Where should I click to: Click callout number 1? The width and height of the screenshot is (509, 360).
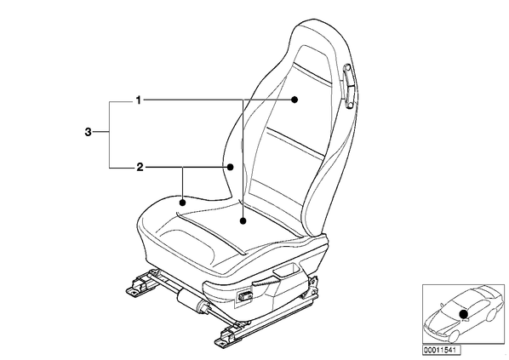click(x=139, y=100)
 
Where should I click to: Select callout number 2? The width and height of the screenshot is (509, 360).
click(x=140, y=168)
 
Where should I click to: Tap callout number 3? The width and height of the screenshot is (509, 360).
click(x=88, y=132)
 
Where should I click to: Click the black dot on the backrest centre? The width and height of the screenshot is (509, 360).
click(x=295, y=100)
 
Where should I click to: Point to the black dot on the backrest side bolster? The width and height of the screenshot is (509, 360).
click(x=230, y=167)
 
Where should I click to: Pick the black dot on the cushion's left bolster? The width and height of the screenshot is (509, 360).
click(x=183, y=203)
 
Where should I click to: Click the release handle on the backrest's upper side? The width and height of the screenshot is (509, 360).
click(x=348, y=86)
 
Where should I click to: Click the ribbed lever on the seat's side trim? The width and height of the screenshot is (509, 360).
click(x=265, y=282)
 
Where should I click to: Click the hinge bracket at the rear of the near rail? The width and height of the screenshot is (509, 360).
click(x=312, y=287)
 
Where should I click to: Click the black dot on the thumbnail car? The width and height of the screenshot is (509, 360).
click(x=464, y=314)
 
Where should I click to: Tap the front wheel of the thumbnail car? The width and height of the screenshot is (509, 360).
click(x=453, y=335)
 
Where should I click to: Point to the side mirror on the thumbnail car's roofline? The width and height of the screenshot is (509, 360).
click(x=441, y=305)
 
